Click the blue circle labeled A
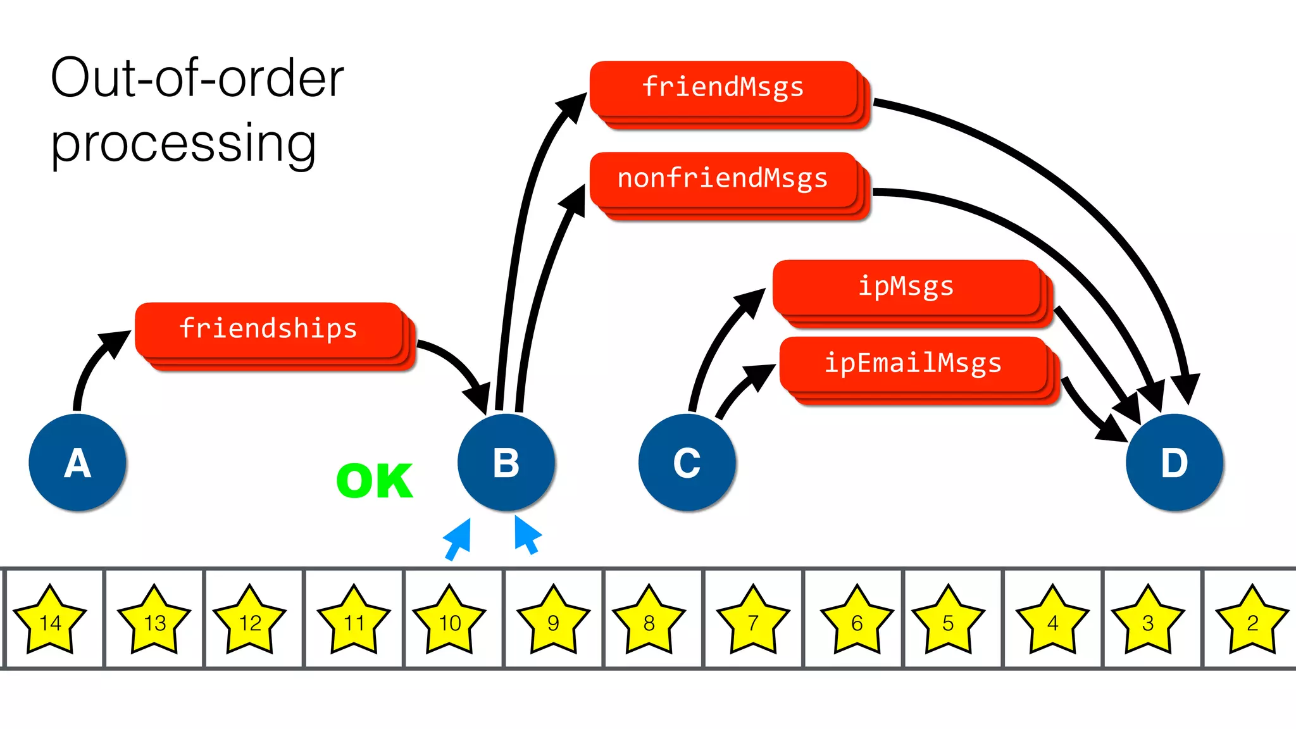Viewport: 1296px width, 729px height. tap(77, 463)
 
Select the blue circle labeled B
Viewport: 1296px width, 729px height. tap(506, 463)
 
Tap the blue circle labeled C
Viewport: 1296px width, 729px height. tap(687, 463)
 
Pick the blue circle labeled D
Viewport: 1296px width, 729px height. tap(1174, 463)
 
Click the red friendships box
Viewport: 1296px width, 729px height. tap(269, 330)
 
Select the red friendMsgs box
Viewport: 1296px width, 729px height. tap(723, 88)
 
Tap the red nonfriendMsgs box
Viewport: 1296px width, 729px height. tap(723, 179)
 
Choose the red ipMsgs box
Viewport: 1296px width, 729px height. tap(906, 287)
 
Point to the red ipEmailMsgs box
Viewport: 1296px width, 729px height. tap(913, 364)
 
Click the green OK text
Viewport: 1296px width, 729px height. tap(375, 482)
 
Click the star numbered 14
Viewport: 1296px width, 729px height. tap(50, 621)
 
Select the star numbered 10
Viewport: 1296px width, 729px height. tap(449, 621)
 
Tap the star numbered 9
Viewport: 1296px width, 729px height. tap(553, 621)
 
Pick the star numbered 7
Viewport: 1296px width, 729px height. tap(753, 621)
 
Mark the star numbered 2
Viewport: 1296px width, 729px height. tap(1252, 621)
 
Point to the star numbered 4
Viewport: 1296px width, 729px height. tap(1052, 621)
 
